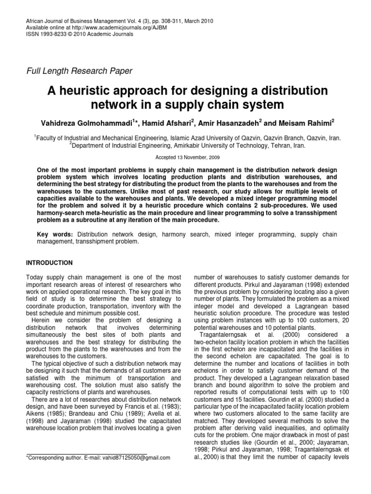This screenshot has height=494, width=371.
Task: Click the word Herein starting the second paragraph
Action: tap(40, 321)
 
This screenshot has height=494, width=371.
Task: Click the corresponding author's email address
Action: tap(136, 457)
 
